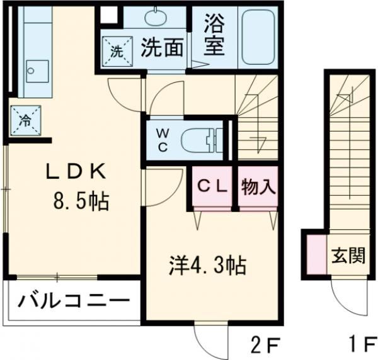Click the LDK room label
(x=74, y=172)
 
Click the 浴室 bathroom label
(x=214, y=37)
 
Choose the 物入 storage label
(x=257, y=187)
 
